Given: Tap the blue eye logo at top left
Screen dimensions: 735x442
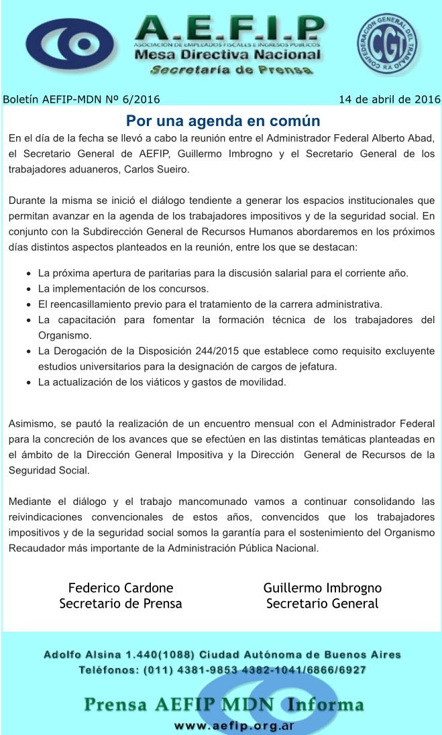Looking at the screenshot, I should tap(71, 44).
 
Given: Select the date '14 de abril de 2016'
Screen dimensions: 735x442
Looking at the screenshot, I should tap(389, 100).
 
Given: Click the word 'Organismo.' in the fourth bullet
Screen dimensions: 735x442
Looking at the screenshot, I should tap(65, 335).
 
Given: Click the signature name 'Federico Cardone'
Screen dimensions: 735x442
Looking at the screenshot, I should tap(121, 587).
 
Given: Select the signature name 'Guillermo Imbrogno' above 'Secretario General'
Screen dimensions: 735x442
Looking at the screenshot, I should tap(323, 587).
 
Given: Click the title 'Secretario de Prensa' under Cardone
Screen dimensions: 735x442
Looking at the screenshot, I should tap(121, 603).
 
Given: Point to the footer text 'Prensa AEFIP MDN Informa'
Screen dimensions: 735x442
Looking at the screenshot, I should tap(224, 705).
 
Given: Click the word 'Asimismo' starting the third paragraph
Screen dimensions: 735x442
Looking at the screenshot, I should tap(32, 424).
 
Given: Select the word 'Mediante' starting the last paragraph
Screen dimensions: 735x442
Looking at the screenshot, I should tap(31, 501).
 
